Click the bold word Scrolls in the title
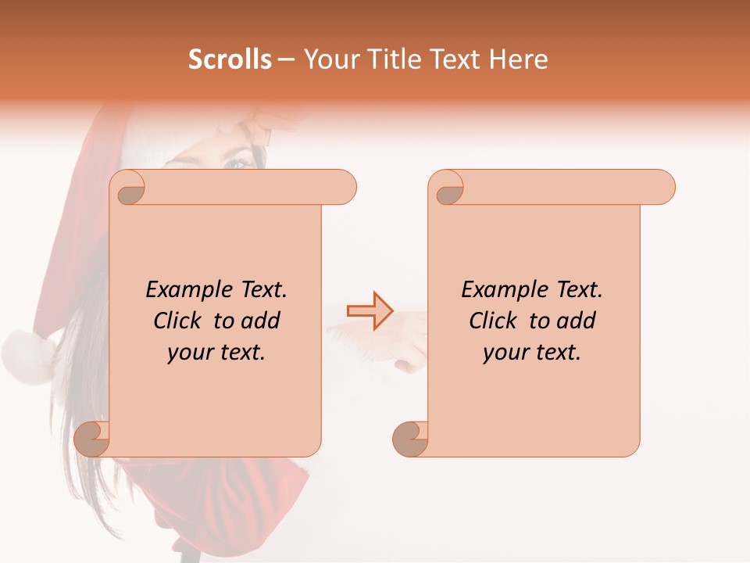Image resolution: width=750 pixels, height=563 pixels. pyautogui.click(x=229, y=59)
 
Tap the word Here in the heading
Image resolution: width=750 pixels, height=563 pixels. pyautogui.click(x=519, y=59)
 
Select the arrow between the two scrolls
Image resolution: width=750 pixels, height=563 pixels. pyautogui.click(x=370, y=310)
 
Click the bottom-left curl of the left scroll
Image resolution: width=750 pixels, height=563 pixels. pyautogui.click(x=91, y=439)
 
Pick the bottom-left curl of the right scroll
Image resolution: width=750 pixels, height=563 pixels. pyautogui.click(x=410, y=439)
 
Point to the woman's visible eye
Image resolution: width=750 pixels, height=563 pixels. pyautogui.click(x=235, y=163)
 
